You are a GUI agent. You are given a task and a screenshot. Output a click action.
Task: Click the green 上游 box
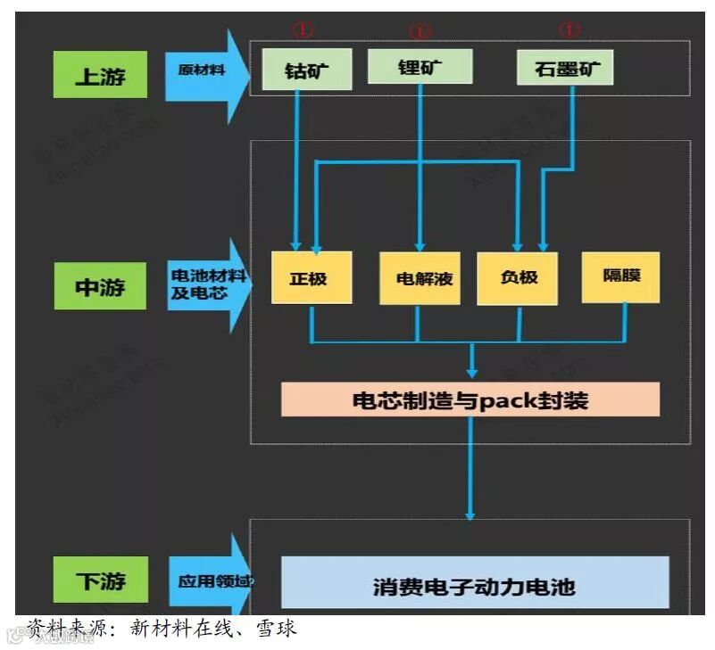[100, 75]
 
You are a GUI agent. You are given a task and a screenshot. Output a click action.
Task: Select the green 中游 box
[100, 287]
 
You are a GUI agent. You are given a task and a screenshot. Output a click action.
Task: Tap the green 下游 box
[100, 581]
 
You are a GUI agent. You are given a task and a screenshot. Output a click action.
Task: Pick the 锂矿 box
[420, 67]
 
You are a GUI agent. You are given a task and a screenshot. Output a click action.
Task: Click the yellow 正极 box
[311, 277]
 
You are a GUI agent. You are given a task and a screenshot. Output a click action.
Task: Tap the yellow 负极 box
[519, 277]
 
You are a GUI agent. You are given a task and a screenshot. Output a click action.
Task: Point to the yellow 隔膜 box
[621, 276]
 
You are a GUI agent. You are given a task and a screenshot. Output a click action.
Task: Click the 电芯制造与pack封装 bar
[470, 399]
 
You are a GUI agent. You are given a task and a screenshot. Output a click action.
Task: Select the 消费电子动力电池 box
[475, 584]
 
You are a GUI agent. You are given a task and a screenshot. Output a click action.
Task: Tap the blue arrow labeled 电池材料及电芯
[205, 284]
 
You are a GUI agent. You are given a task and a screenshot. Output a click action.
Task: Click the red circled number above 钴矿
[303, 29]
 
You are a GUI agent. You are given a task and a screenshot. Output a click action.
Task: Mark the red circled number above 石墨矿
[569, 29]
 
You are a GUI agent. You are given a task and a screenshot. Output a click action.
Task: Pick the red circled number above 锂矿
[420, 31]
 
